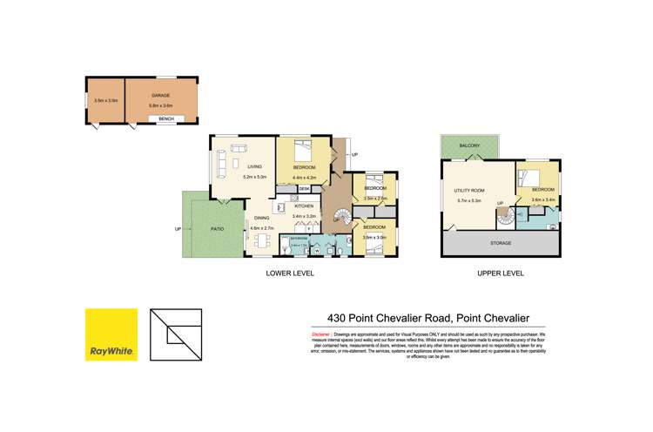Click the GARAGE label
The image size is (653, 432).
159,95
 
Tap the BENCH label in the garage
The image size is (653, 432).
166,118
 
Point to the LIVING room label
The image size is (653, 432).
254,166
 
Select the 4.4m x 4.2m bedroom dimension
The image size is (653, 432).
304,178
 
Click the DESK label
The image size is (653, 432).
304,188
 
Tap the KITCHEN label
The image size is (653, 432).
304,206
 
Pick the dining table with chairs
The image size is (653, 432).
261,240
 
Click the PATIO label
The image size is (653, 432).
218,229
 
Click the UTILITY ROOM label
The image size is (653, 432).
469,190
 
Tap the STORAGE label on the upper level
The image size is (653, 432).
501,243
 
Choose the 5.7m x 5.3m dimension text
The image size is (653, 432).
469,200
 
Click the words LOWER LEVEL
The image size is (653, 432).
290,273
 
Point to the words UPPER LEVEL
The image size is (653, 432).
501,273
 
